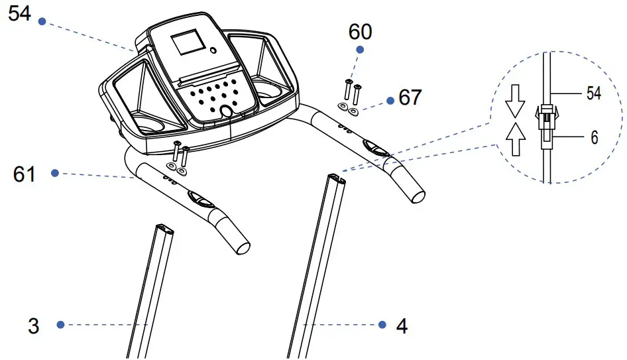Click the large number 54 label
point(19,13)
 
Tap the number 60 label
point(360,31)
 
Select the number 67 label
point(410,98)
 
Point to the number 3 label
point(34,326)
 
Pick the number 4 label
point(402,326)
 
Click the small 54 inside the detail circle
point(593,94)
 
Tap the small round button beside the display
point(213,50)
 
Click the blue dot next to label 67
point(390,100)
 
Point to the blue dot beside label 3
point(60,325)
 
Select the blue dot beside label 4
point(382,325)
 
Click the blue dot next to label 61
point(55,174)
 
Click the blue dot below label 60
point(360,50)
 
